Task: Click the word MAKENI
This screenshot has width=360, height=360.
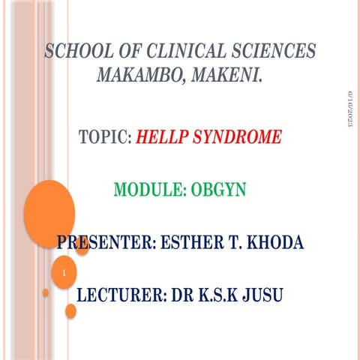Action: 229,76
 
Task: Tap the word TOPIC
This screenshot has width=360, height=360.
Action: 103,138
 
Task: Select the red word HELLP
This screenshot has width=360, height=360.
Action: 163,138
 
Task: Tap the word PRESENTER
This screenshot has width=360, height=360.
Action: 106,243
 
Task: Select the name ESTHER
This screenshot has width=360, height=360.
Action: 199,243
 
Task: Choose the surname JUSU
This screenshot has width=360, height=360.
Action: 259,294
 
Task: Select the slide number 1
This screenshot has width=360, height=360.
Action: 65,274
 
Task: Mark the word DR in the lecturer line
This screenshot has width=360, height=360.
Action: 177,294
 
